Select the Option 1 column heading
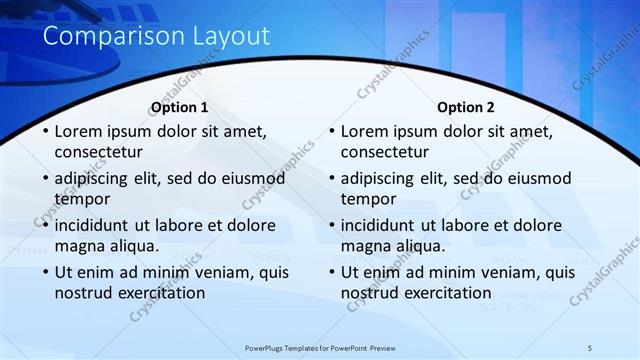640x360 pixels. coord(180,107)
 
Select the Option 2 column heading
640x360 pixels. coord(466,107)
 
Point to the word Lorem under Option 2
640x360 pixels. coord(365,131)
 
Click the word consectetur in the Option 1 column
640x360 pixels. coord(98,152)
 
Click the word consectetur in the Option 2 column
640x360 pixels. coord(385,152)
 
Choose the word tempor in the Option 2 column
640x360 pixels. coord(369,199)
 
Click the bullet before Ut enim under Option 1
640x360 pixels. coord(44,272)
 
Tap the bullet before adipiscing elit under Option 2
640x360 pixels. coord(331,179)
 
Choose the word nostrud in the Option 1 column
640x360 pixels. coord(83,293)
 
